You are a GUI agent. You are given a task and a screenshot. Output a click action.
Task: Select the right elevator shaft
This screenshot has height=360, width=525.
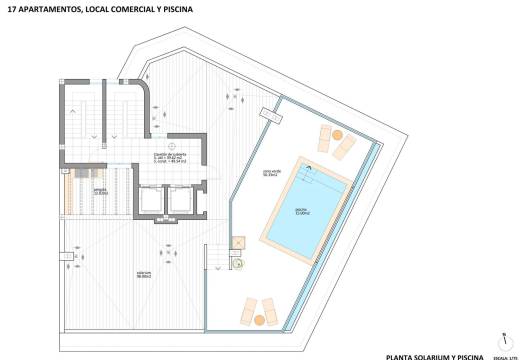(x=182, y=201)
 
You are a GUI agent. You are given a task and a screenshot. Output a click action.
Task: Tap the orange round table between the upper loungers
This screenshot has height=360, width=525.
(x=337, y=135)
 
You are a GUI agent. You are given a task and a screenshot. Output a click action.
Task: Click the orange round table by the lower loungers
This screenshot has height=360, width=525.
(x=262, y=320)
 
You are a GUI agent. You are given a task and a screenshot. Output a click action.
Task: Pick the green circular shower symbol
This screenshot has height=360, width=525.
(x=239, y=264)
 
